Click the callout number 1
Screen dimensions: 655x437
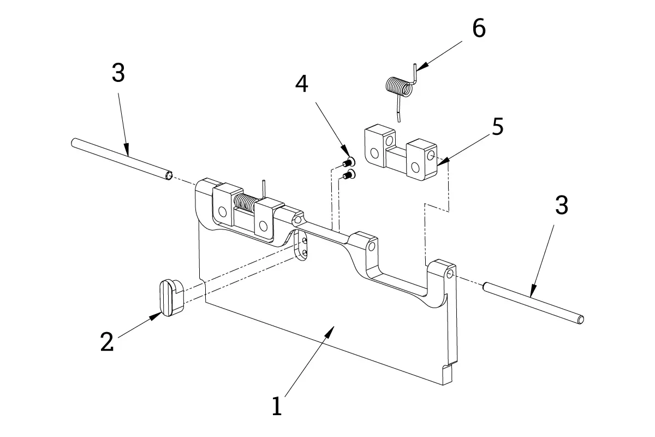(x=277, y=406)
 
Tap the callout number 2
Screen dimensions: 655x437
(x=107, y=341)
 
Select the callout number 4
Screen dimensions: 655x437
(x=301, y=84)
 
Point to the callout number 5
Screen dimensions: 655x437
(x=498, y=126)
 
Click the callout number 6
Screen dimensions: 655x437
(x=479, y=28)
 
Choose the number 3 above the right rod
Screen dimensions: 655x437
(x=562, y=205)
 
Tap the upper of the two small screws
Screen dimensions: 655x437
(x=349, y=161)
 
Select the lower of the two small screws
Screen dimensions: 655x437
(x=349, y=175)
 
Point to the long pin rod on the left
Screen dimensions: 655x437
(x=122, y=159)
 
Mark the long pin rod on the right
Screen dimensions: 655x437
(x=533, y=303)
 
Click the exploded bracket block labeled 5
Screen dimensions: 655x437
(x=401, y=152)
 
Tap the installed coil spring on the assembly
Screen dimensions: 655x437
(x=245, y=202)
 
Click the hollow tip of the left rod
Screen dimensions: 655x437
(x=169, y=176)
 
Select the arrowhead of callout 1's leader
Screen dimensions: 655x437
(x=330, y=332)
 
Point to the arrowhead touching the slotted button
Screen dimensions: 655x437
(x=156, y=316)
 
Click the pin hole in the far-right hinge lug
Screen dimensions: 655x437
(x=450, y=274)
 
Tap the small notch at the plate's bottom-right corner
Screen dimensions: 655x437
(x=448, y=374)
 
